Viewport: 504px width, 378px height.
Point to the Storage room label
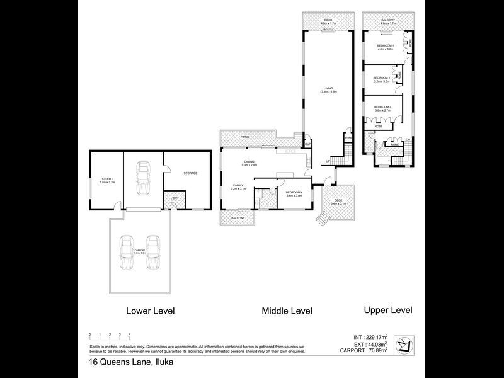tap(190, 173)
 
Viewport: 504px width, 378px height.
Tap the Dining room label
tap(249, 163)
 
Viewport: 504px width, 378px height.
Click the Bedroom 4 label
tap(294, 193)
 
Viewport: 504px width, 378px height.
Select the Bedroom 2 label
tap(382, 79)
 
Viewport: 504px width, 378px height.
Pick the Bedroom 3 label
tap(383, 108)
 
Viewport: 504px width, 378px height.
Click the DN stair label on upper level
tap(408, 139)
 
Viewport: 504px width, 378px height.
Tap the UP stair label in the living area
tap(328, 161)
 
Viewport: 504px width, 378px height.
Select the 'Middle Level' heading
tap(287, 311)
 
